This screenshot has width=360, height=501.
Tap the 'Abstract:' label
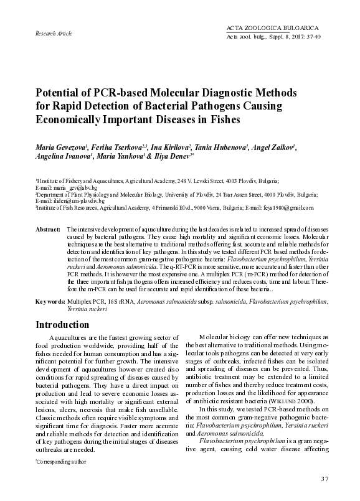tap(48, 230)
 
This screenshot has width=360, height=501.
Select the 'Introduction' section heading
tap(62, 325)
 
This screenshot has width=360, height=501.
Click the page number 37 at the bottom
tap(324, 479)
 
